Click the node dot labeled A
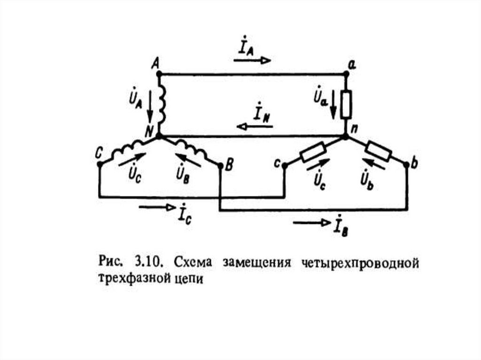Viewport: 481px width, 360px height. pos(159,74)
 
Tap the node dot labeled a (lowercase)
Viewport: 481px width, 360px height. pos(346,74)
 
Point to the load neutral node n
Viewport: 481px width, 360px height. pos(346,137)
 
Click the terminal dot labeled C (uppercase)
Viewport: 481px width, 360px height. pos(100,164)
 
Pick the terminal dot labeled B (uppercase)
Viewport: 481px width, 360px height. pos(220,165)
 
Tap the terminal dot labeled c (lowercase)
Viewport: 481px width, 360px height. pos(285,165)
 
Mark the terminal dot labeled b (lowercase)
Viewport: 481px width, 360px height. pos(406,164)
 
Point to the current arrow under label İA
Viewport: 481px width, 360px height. pos(252,60)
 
